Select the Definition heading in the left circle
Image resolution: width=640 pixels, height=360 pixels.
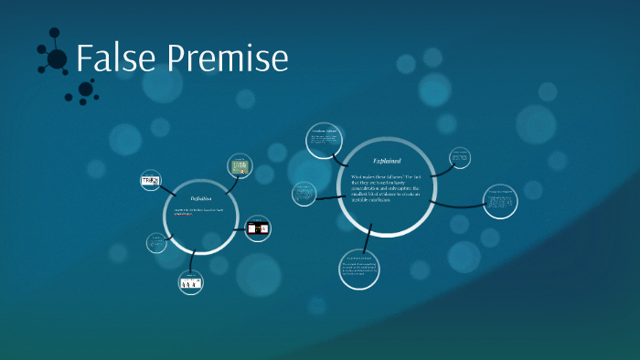pyautogui.click(x=201, y=198)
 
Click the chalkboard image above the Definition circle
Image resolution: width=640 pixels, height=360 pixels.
pyautogui.click(x=240, y=167)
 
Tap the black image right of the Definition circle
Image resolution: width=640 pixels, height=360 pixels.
pyautogui.click(x=258, y=228)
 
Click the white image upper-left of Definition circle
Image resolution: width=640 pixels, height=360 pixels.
pyautogui.click(x=150, y=181)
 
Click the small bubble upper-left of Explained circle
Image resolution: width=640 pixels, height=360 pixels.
pyautogui.click(x=323, y=140)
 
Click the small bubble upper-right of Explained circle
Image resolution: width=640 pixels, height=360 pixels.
pyautogui.click(x=459, y=158)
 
